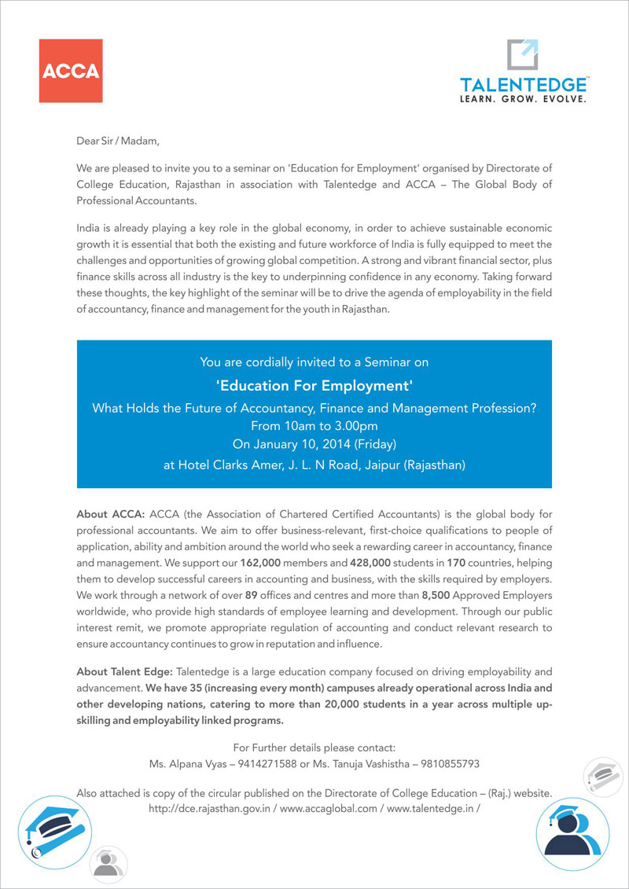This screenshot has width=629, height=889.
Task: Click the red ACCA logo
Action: tap(71, 71)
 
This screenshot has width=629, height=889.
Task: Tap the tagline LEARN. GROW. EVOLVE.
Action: tap(523, 100)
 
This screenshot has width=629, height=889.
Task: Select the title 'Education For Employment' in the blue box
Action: tap(314, 386)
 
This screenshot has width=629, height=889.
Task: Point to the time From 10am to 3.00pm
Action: tap(314, 425)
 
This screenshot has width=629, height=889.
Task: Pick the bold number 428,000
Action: tap(344, 563)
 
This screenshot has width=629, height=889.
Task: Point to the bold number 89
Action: tap(252, 595)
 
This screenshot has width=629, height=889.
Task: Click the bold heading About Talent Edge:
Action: tap(125, 672)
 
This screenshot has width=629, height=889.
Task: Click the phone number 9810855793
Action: tap(446, 763)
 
